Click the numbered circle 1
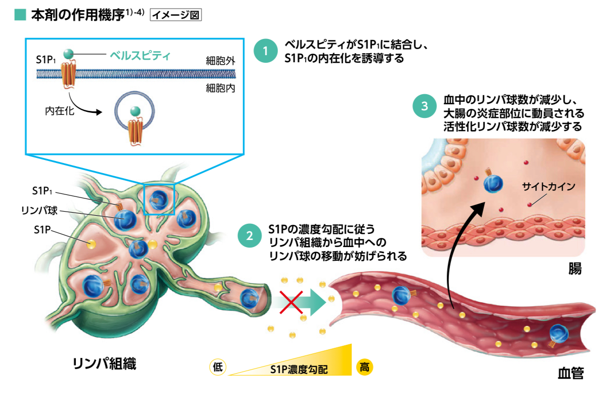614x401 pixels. tap(266, 51)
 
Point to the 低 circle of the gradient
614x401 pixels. tap(218, 367)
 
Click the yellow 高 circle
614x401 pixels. tap(364, 367)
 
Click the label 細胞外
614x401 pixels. tap(220, 60)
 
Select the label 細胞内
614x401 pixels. tap(220, 88)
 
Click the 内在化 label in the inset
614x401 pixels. tap(59, 110)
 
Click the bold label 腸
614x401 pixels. tap(575, 269)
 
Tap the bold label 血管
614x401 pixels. tap(570, 374)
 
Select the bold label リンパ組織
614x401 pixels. tap(104, 364)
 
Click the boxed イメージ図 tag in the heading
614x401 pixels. tap(176, 15)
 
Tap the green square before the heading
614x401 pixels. tap(20, 15)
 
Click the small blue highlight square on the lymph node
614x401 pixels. tap(159, 199)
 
